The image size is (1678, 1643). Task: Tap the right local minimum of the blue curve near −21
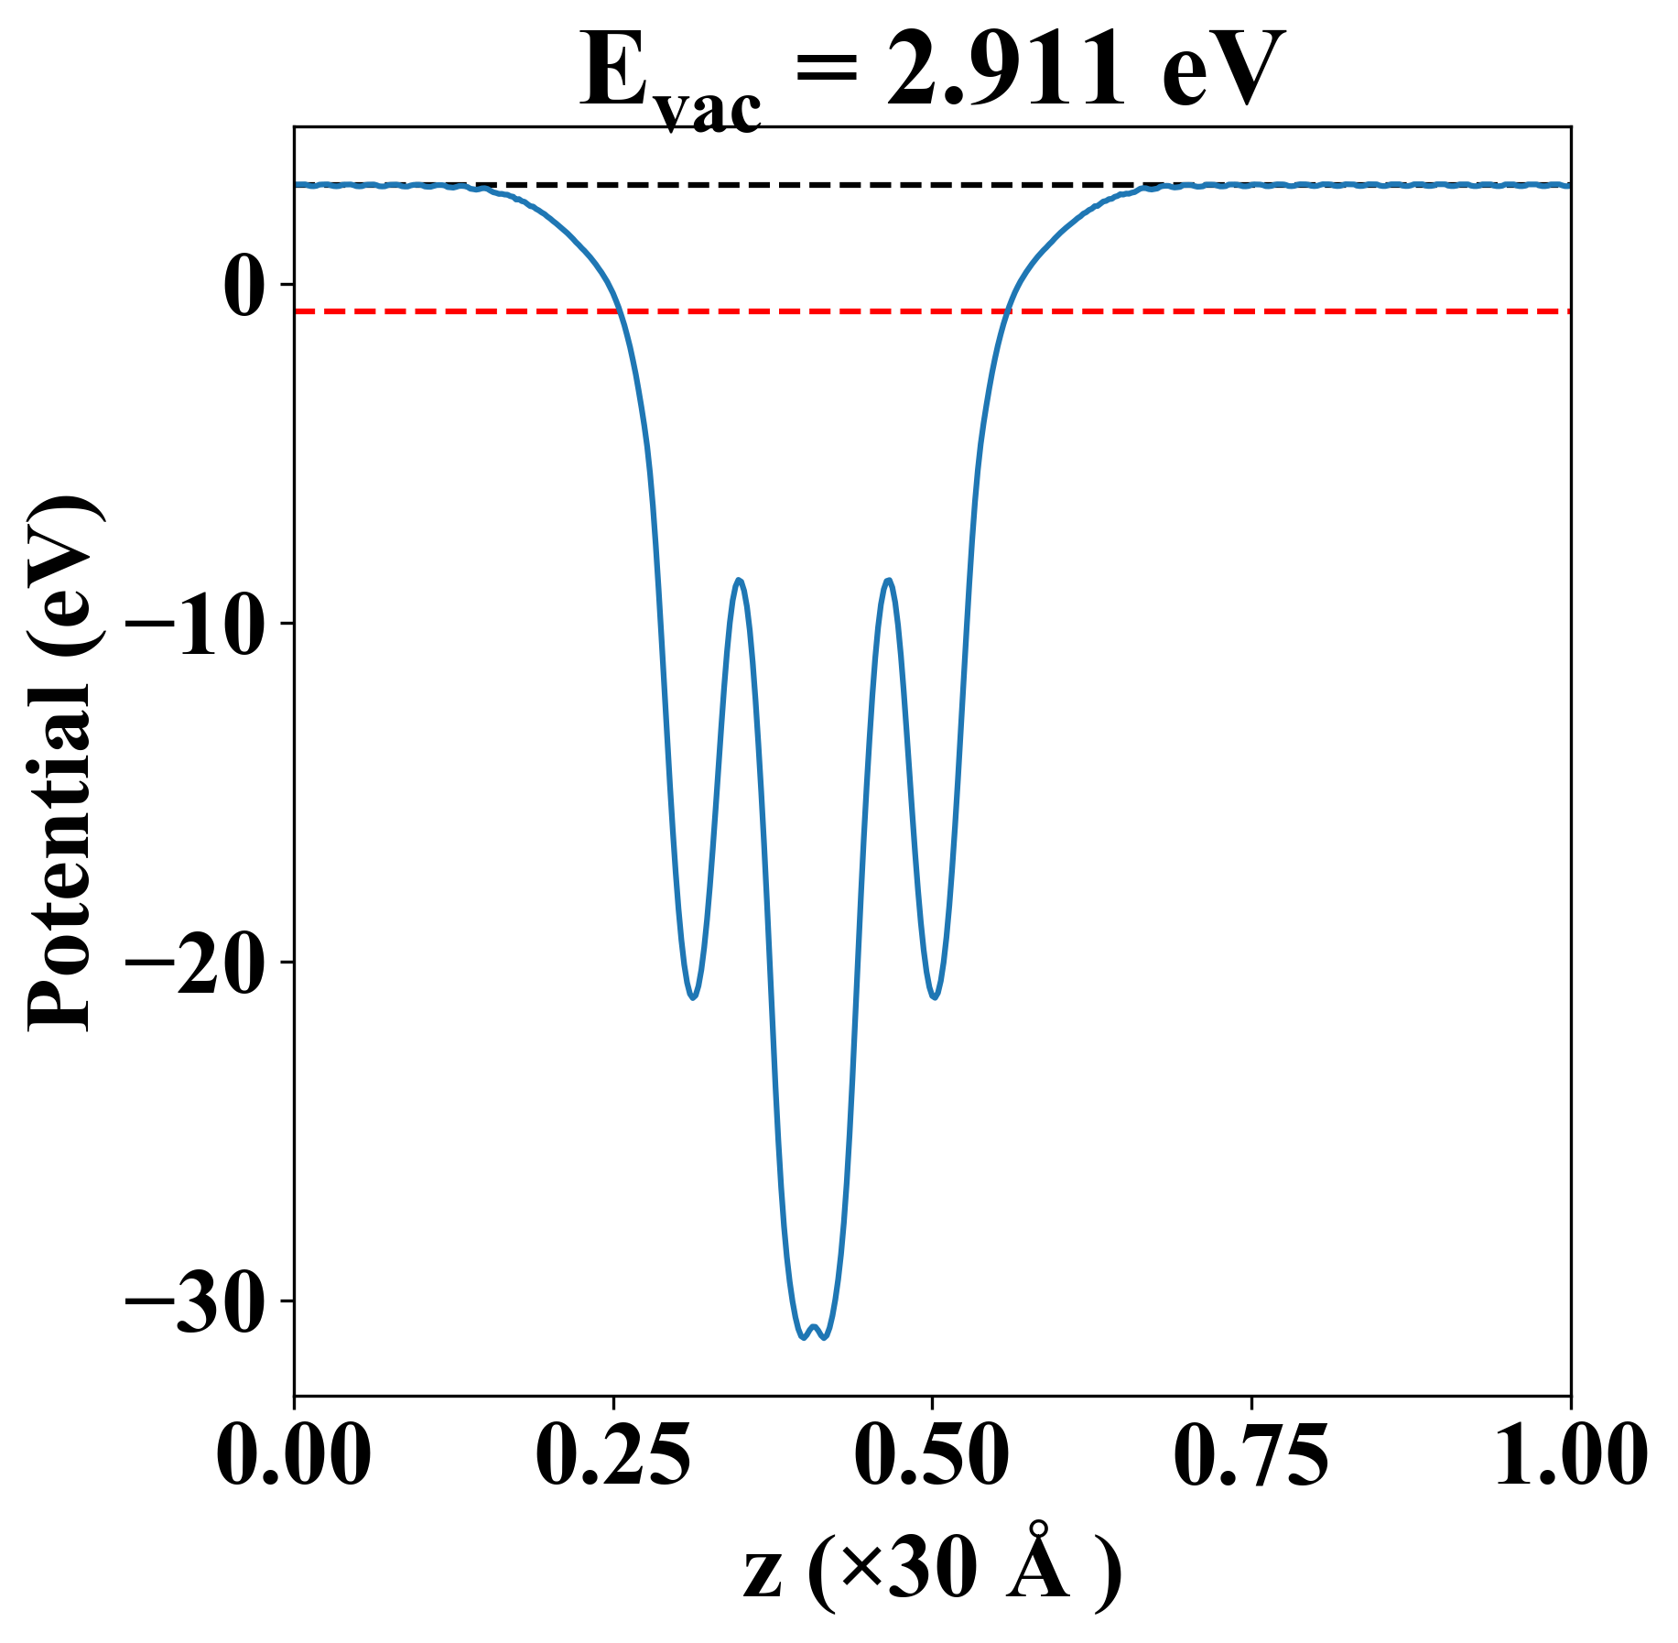click(935, 996)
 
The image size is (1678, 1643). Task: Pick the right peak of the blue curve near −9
click(888, 581)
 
